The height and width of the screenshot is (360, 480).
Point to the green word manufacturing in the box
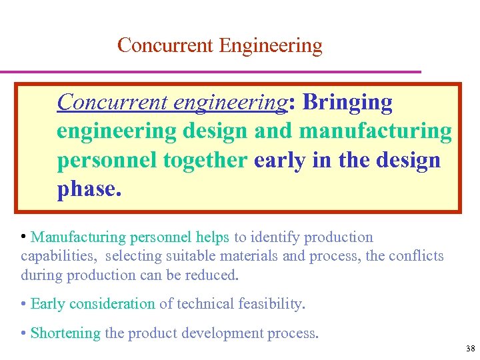pyautogui.click(x=375, y=131)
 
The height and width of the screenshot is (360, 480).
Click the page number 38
pyautogui.click(x=471, y=349)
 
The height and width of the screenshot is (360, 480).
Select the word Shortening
pyautogui.click(x=65, y=333)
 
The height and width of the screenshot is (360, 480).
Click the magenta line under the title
pyautogui.click(x=210, y=71)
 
